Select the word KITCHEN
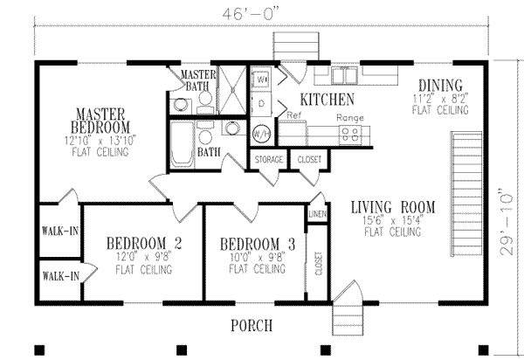[x=327, y=99]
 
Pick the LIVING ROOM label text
[x=392, y=207]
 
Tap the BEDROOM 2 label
[x=144, y=243]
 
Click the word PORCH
[x=252, y=325]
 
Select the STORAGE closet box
[x=268, y=160]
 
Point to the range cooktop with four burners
[x=350, y=134]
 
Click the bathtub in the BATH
[x=181, y=144]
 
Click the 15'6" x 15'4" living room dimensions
[x=392, y=220]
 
